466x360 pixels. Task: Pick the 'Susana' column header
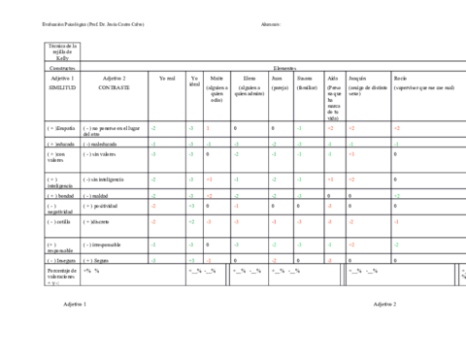(306, 80)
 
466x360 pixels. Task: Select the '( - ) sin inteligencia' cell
(107, 180)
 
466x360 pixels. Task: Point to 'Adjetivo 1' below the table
(74, 304)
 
